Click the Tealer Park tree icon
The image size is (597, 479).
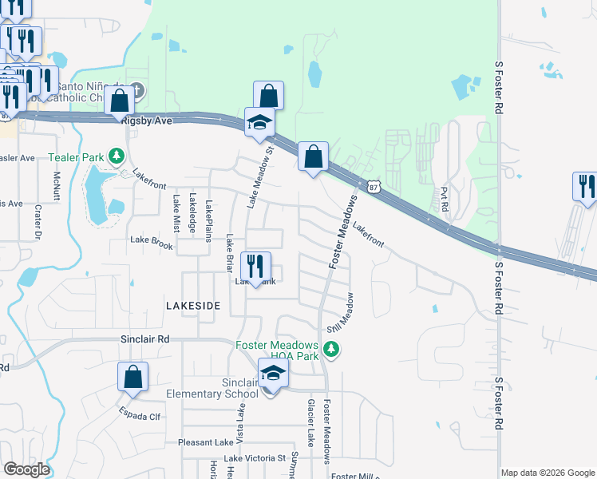(x=117, y=154)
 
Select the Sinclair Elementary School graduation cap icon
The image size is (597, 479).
(x=273, y=374)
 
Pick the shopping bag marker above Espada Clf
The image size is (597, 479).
(x=133, y=377)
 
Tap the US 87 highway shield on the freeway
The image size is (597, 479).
(x=374, y=186)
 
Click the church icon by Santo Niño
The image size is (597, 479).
(x=137, y=90)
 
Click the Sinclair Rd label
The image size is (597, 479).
(x=145, y=339)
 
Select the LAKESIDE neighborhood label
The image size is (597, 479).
(x=192, y=306)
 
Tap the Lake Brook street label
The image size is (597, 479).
(x=152, y=244)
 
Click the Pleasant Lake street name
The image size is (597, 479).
(x=206, y=442)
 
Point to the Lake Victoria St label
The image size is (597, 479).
(x=255, y=458)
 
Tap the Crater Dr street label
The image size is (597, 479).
(x=38, y=220)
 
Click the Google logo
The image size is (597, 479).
(x=26, y=469)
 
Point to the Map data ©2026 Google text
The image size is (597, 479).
(x=548, y=473)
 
